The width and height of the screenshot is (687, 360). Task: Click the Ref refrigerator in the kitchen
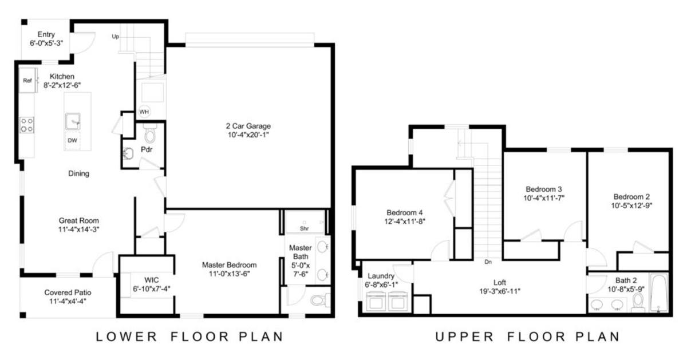(28, 80)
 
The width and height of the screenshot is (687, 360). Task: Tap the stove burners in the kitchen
(27, 125)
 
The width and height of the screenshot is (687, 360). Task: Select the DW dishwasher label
(72, 140)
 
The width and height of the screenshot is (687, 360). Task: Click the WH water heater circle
(144, 112)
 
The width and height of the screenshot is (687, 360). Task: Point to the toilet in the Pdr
(150, 133)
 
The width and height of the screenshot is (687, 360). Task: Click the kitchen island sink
(73, 121)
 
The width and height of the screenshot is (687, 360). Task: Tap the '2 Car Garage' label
(248, 126)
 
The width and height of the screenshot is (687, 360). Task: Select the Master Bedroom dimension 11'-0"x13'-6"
(230, 274)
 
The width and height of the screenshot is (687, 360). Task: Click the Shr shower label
(304, 228)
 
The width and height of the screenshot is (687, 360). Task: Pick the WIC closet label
(152, 280)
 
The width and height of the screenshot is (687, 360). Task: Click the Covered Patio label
(68, 292)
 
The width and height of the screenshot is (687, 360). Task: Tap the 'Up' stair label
(115, 37)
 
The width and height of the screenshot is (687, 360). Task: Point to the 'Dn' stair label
(488, 262)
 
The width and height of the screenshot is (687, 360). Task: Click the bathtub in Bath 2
(659, 293)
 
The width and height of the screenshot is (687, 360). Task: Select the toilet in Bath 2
(638, 303)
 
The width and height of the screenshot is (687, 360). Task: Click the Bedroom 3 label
(544, 189)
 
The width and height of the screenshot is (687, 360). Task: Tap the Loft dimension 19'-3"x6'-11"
(500, 291)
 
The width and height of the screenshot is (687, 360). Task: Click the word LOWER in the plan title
(127, 337)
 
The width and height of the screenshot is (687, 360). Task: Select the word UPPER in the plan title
(465, 337)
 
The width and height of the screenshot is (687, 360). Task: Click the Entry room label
(46, 34)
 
